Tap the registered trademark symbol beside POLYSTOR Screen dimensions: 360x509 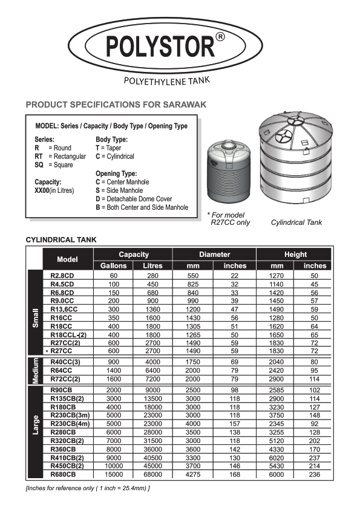point(221,37)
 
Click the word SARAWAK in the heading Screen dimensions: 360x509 point(185,105)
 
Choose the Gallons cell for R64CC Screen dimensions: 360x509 point(113,371)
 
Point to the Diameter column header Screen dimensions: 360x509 point(214,254)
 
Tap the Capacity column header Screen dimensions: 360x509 point(133,254)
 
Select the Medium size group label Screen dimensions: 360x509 point(34,371)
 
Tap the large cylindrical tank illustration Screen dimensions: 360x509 point(296,163)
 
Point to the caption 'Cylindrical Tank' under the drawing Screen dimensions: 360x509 point(296,222)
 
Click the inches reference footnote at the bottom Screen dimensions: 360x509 point(88,488)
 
